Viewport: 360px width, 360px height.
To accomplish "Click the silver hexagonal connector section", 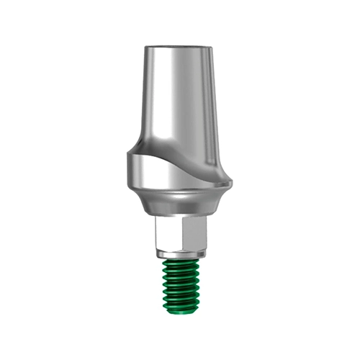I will pos(181,234).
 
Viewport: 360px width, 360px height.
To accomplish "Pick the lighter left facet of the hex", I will pos(167,234).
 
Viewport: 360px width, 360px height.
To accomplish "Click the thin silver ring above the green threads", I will pos(181,254).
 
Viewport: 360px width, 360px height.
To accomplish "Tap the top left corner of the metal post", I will pos(144,49).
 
